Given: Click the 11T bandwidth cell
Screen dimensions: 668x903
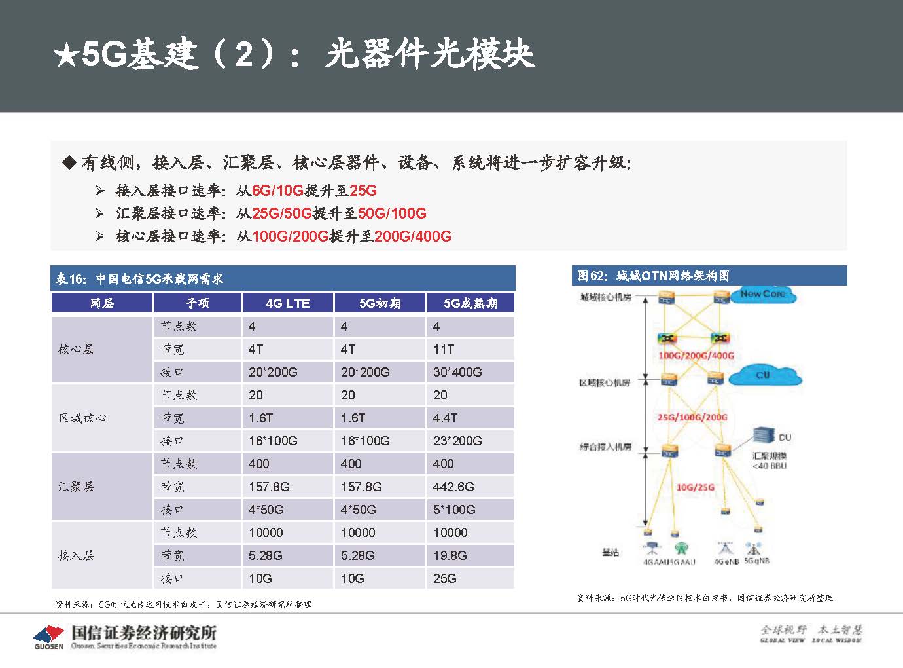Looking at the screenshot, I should click(444, 349).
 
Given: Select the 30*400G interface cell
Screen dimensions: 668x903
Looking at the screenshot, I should click(457, 372).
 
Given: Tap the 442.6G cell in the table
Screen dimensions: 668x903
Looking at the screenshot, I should click(453, 487).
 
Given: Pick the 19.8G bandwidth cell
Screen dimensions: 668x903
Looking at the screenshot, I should click(450, 555).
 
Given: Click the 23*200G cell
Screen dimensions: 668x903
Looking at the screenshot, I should click(457, 441).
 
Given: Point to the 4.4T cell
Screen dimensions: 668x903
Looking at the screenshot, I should click(446, 418).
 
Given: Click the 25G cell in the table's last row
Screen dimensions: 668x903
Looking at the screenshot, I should click(445, 578).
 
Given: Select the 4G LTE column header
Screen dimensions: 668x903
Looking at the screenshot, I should click(288, 303).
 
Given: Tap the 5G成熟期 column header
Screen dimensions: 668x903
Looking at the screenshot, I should click(470, 303).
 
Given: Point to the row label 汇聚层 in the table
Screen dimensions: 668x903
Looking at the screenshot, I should click(77, 487).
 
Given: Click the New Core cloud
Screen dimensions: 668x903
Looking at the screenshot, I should click(763, 295).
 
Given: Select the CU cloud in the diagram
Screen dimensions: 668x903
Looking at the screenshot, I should click(764, 375).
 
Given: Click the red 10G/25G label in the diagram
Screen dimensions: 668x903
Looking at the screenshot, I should click(695, 487).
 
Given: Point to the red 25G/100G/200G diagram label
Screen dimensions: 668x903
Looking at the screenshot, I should click(692, 417).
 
